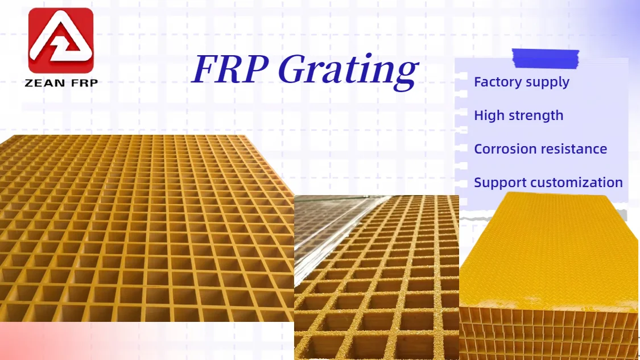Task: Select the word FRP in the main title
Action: click(x=230, y=69)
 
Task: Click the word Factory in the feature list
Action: click(x=497, y=82)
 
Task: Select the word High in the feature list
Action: click(x=489, y=115)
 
